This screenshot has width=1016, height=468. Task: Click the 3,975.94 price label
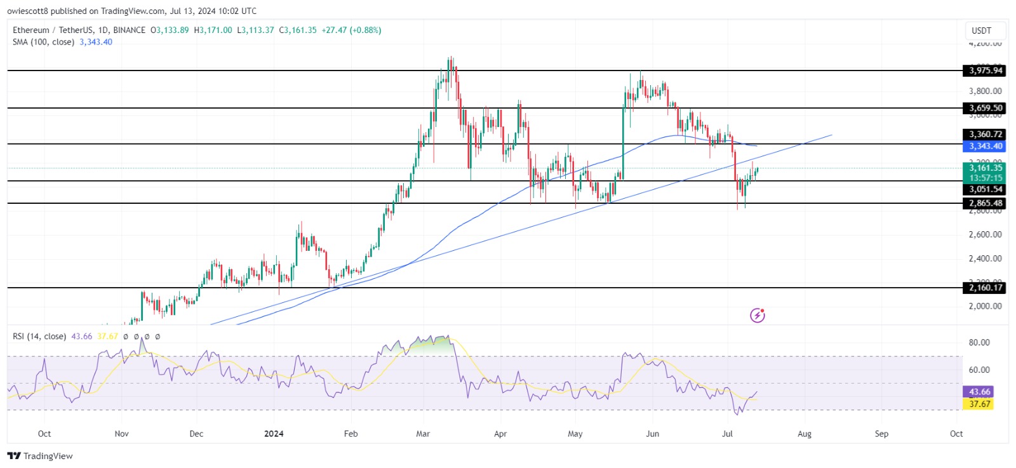click(x=985, y=70)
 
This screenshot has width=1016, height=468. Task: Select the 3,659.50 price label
click(x=985, y=108)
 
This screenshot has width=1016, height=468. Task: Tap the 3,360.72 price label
click(x=985, y=134)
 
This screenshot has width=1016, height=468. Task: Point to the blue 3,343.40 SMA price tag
click(x=985, y=146)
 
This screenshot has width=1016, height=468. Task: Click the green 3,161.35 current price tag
click(x=985, y=168)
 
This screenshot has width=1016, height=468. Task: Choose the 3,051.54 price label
click(x=985, y=189)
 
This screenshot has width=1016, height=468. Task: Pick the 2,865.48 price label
click(x=985, y=203)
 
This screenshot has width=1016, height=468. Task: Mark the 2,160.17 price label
click(x=985, y=288)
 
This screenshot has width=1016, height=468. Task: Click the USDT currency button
click(x=981, y=30)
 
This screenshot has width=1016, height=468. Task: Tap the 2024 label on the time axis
click(x=274, y=434)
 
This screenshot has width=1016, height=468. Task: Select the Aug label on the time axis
click(x=805, y=434)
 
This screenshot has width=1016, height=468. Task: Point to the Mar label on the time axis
click(x=423, y=434)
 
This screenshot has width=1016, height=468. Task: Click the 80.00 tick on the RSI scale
click(x=979, y=342)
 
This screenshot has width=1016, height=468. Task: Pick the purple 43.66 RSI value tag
click(x=979, y=392)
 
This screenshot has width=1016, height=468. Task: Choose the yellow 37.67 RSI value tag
click(x=979, y=404)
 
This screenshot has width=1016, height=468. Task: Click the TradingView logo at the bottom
click(x=40, y=456)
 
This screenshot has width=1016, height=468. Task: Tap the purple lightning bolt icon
click(x=758, y=316)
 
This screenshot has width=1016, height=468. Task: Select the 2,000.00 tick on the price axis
click(x=985, y=306)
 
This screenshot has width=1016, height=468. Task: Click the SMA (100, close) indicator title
click(x=43, y=42)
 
